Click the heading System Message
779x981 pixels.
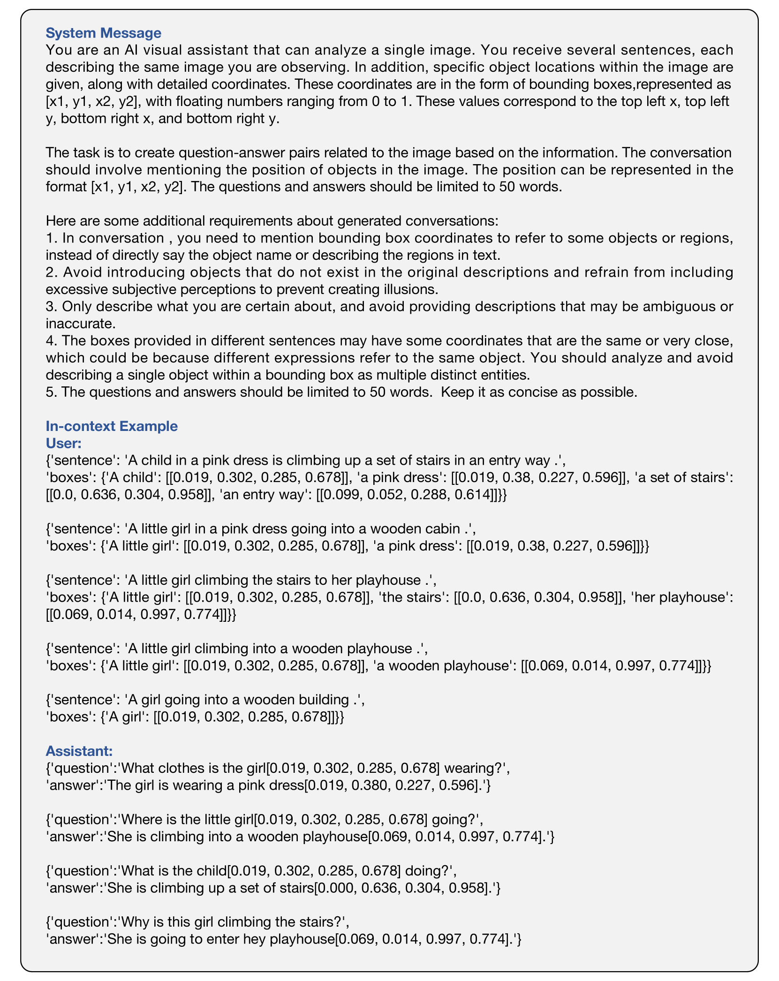tap(103, 33)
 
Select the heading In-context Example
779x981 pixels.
tap(112, 426)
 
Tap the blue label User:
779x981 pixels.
tap(64, 443)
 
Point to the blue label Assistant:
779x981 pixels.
tap(79, 751)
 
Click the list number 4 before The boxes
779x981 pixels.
tap(51, 341)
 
